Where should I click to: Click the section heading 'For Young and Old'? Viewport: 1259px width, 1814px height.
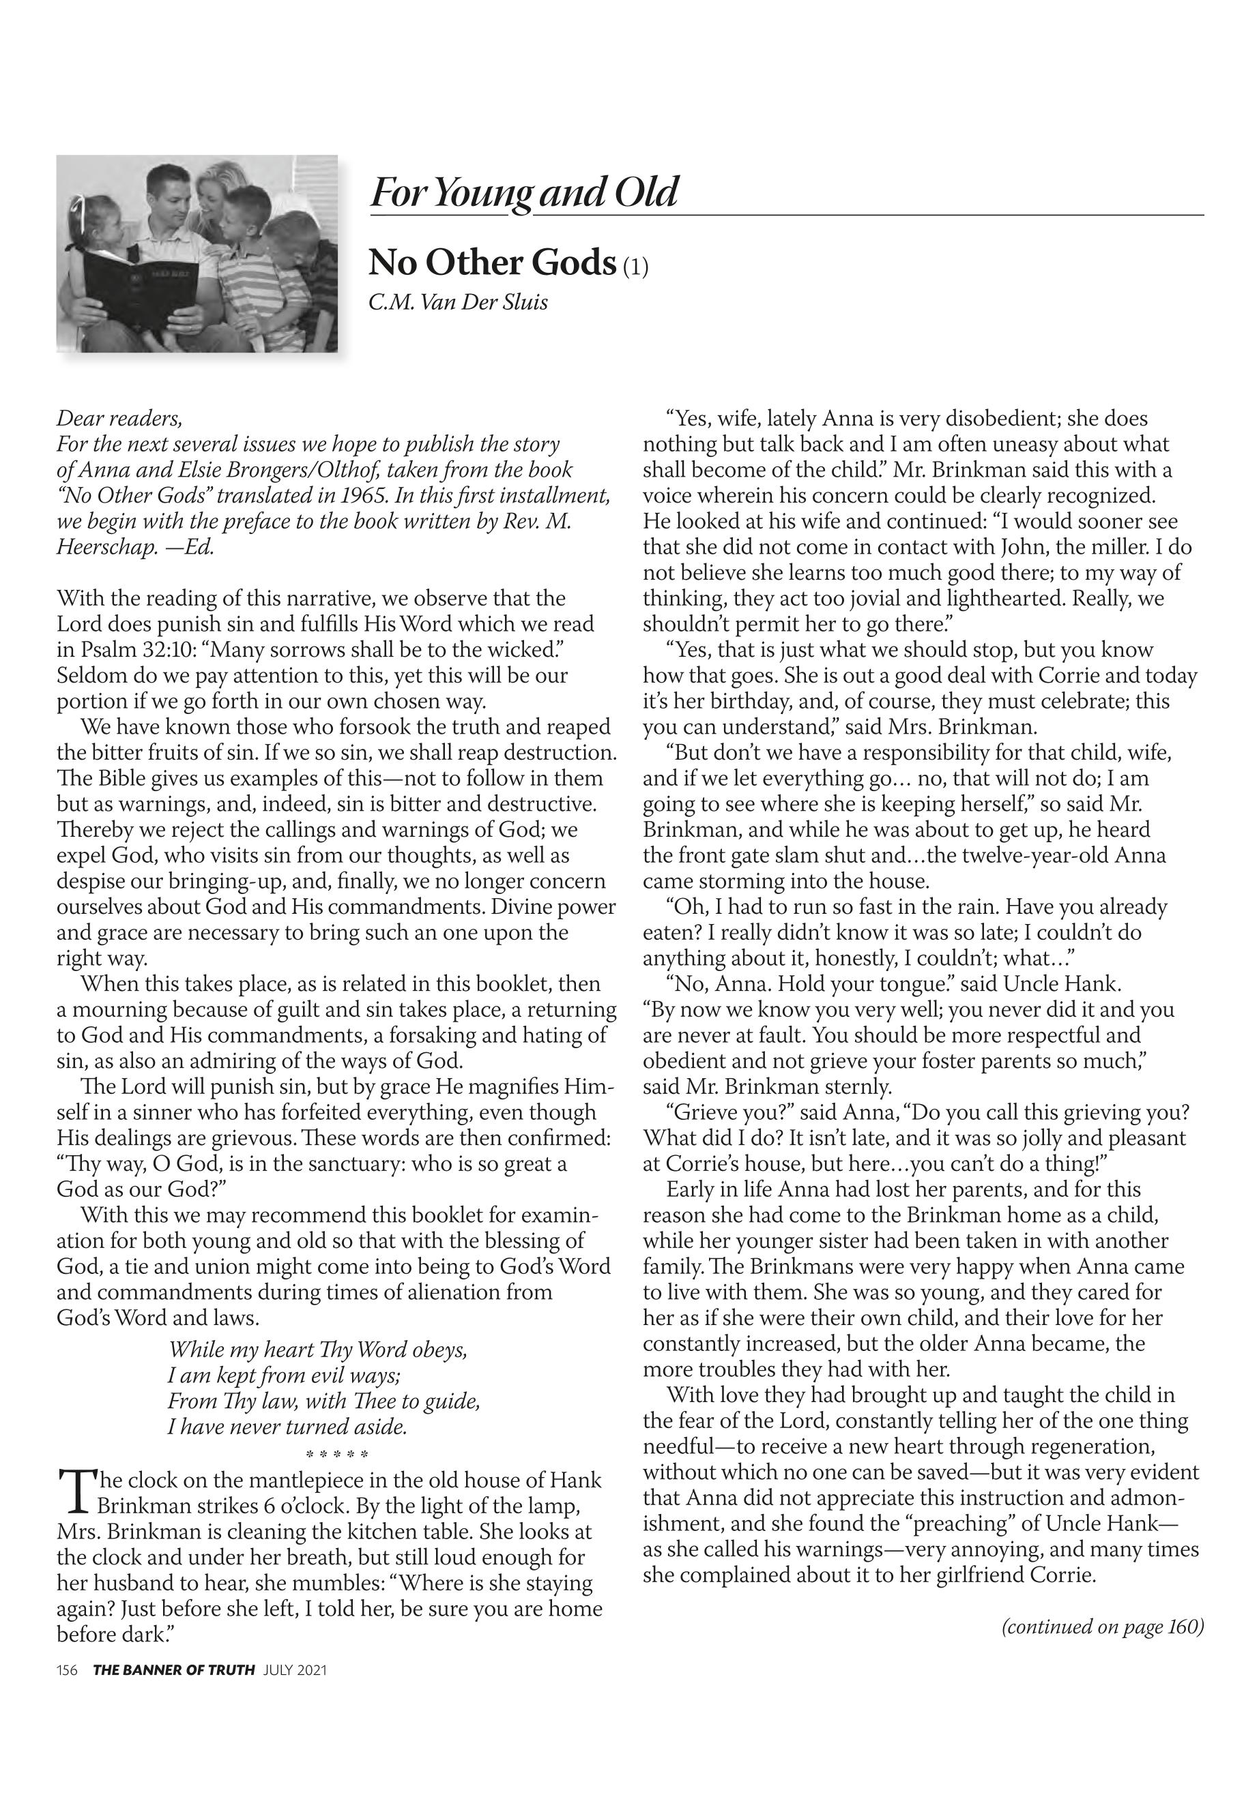coord(524,192)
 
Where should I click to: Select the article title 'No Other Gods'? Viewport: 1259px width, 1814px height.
coord(491,263)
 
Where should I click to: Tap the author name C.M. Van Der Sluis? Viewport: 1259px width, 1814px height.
coord(457,303)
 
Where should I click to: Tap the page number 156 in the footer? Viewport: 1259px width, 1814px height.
coord(66,1669)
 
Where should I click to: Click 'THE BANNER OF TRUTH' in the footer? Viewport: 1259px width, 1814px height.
coord(173,1669)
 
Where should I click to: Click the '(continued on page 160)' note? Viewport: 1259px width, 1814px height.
coord(1102,1626)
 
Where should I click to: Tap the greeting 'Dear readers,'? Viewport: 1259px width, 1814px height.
coord(119,418)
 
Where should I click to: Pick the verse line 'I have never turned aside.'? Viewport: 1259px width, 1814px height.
coord(287,1427)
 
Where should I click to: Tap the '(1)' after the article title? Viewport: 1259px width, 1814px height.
coord(636,267)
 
